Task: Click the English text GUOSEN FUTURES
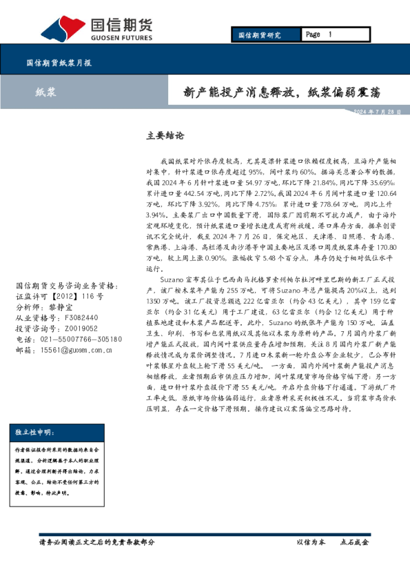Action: pos(121,38)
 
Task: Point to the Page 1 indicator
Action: pos(318,35)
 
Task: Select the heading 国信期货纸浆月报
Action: pos(59,62)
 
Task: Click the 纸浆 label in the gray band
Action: pos(46,92)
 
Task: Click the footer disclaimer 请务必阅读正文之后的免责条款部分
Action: pos(97,542)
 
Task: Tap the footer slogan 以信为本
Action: pos(310,542)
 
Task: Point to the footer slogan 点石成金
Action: pos(354,542)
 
